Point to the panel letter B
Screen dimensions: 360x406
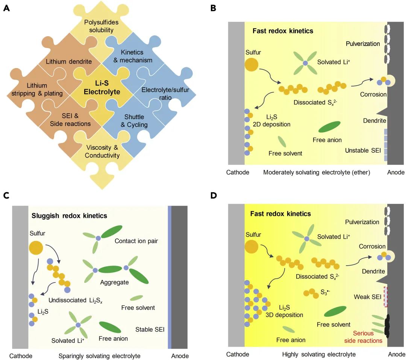pyautogui.click(x=213, y=8)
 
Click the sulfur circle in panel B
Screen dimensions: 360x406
pyautogui.click(x=252, y=64)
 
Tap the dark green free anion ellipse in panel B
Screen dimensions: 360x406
pyautogui.click(x=329, y=127)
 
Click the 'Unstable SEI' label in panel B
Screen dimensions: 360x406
pyautogui.click(x=363, y=150)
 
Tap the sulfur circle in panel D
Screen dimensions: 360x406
pyautogui.click(x=251, y=247)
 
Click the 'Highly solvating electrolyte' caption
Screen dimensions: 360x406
pyautogui.click(x=319, y=354)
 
